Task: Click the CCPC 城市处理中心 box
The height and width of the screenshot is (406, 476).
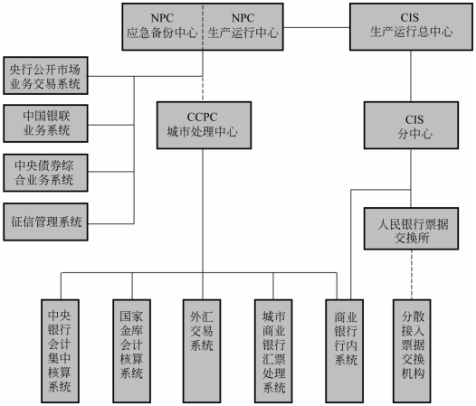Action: tap(204, 125)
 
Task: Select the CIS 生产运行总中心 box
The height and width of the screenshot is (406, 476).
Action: tap(411, 27)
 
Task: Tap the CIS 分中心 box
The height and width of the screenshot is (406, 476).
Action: tap(411, 125)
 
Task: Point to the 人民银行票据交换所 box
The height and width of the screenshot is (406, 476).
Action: tap(411, 229)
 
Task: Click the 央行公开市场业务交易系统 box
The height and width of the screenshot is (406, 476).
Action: tap(45, 75)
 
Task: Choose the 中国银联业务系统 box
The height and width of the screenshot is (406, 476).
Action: tap(45, 123)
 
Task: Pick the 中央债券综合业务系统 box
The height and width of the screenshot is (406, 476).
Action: tap(45, 173)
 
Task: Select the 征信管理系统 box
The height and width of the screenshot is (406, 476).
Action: tap(45, 222)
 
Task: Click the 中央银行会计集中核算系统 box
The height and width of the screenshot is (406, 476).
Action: tap(60, 351)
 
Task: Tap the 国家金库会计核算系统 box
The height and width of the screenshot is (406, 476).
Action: tap(132, 351)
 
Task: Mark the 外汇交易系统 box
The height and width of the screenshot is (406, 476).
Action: tap(202, 351)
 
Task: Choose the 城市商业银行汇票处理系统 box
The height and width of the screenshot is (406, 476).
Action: tap(273, 351)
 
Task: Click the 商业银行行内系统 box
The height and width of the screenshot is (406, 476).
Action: tap(345, 351)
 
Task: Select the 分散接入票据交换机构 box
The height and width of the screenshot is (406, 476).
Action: tap(412, 351)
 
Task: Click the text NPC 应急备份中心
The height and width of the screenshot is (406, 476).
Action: tap(162, 25)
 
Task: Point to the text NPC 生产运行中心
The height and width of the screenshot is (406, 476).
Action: tap(243, 25)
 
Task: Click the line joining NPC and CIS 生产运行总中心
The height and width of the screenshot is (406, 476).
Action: tap(317, 28)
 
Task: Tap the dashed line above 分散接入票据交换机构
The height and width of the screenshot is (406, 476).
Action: tap(412, 275)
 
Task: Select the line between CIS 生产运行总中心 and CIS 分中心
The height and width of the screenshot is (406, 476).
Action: tap(411, 76)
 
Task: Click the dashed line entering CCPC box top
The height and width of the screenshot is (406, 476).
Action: tap(203, 89)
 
